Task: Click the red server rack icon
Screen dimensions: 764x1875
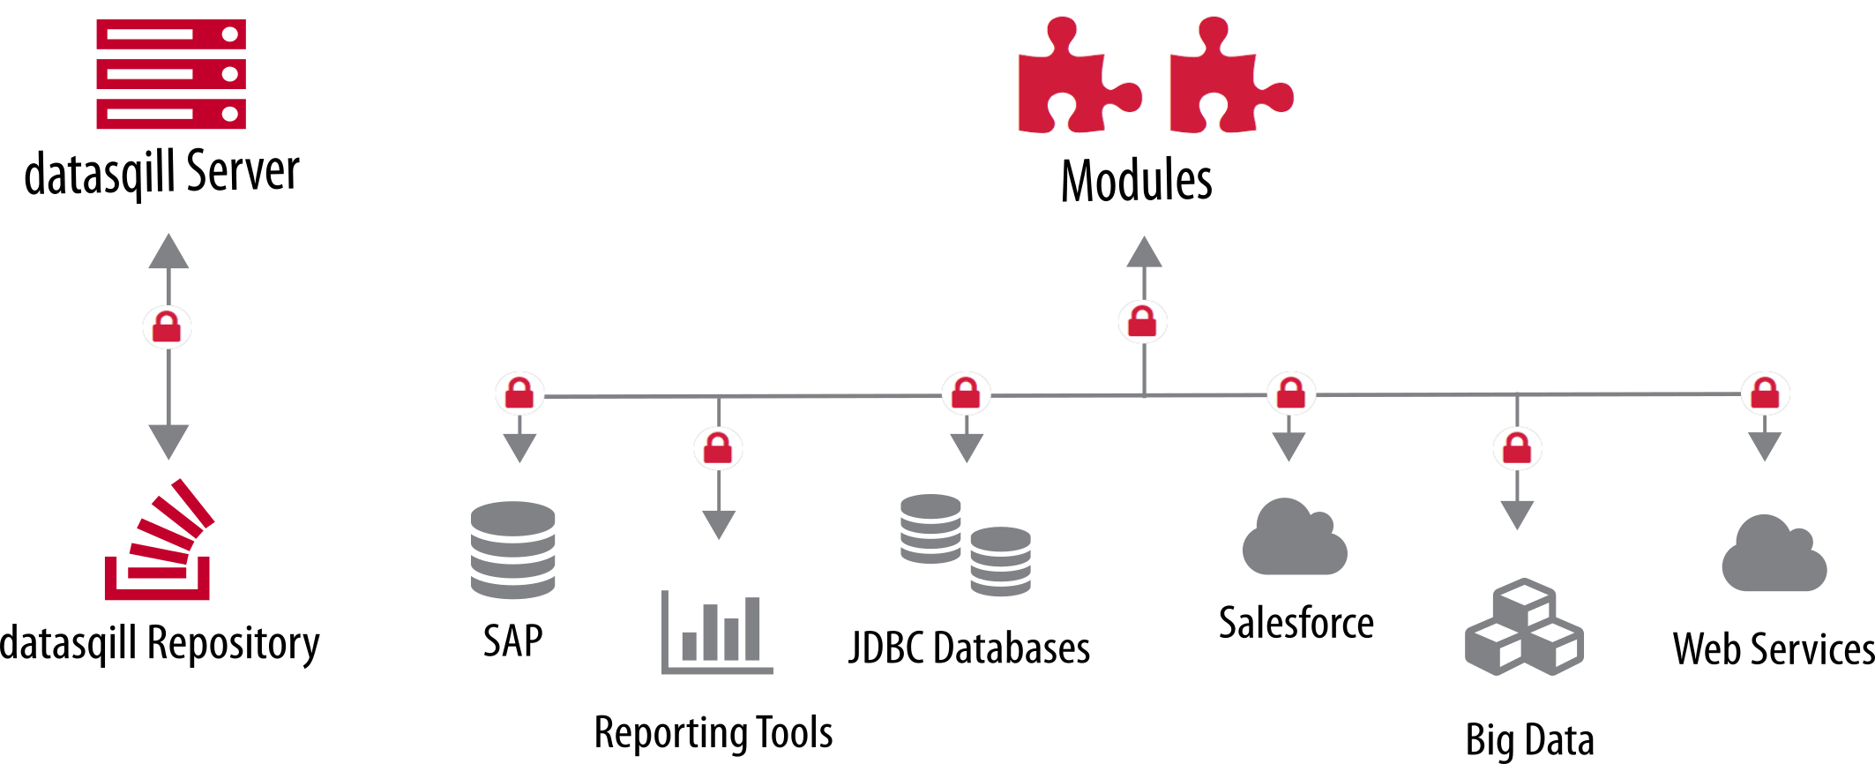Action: [171, 75]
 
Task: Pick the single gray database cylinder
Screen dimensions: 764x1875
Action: [512, 550]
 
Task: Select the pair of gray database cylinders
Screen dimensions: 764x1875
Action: [965, 544]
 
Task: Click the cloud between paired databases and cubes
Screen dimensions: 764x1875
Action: [1294, 538]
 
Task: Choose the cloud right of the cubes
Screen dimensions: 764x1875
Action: [1774, 555]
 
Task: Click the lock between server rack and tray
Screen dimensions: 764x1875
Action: [167, 327]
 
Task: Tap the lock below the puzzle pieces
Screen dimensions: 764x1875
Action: [1142, 322]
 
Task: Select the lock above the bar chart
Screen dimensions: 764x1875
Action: [718, 450]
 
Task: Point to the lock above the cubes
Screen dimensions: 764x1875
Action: [1517, 449]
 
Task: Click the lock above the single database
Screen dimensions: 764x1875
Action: [519, 393]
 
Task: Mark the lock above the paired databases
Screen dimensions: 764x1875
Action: [966, 393]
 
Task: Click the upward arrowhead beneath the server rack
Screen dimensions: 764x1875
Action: [168, 252]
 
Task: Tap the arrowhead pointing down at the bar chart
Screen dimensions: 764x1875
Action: [719, 525]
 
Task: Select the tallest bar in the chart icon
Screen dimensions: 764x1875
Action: [752, 628]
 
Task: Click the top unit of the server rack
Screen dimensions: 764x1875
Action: [171, 34]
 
